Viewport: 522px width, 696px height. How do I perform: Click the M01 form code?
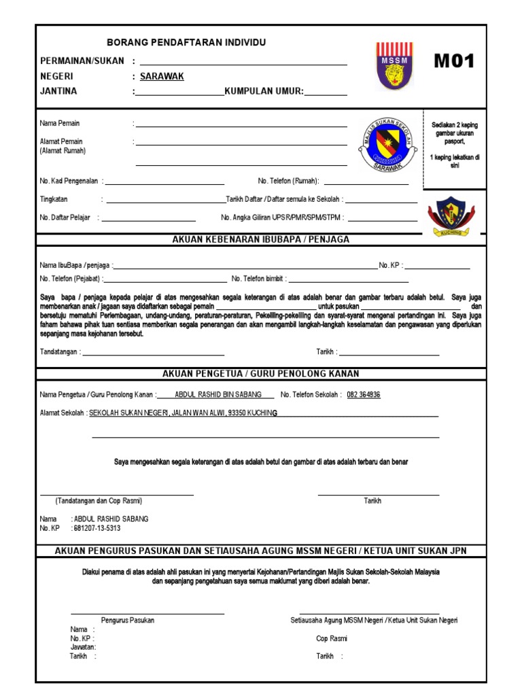[x=453, y=62]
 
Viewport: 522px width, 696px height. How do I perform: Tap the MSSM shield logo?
[x=392, y=66]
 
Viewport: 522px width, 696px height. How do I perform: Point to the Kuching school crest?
[x=446, y=215]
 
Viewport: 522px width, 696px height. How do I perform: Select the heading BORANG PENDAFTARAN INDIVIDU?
[x=187, y=43]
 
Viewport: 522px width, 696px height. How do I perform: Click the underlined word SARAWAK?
[x=162, y=76]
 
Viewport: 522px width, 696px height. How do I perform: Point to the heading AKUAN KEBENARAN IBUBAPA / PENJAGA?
[x=261, y=239]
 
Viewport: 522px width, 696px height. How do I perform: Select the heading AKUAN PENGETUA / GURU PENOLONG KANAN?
[x=261, y=374]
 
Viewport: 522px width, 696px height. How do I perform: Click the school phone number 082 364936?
[x=364, y=395]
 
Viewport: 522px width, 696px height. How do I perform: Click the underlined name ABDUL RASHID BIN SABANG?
[x=218, y=395]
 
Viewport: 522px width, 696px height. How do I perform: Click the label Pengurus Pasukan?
[x=128, y=620]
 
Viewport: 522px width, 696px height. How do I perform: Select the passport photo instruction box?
[x=455, y=149]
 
